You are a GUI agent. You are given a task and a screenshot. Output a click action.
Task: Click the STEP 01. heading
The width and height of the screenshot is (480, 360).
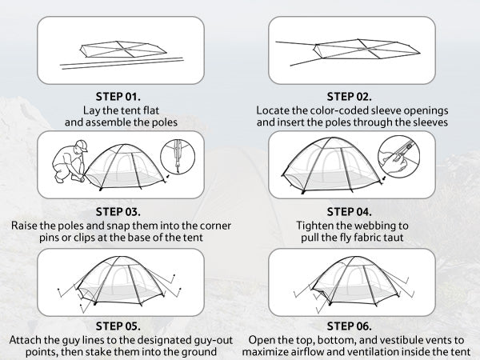coord(118,97)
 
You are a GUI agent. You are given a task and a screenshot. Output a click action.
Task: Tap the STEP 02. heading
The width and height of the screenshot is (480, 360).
coord(350,97)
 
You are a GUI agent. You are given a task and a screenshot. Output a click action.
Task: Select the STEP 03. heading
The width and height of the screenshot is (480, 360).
coord(118,212)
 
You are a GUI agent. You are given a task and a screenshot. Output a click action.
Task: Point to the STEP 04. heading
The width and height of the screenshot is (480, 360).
coord(350,212)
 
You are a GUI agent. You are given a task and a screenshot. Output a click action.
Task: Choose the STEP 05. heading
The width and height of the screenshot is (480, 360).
coord(118,326)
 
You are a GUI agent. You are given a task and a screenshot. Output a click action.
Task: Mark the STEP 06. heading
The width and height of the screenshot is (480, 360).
coord(350,326)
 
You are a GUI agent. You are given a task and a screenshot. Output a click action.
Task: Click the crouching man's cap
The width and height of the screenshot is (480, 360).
coord(82,145)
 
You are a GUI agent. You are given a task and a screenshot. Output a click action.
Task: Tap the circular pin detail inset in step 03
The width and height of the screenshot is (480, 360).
coord(178,157)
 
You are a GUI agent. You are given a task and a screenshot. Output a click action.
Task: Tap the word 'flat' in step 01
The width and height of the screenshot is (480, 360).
coord(151,110)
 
